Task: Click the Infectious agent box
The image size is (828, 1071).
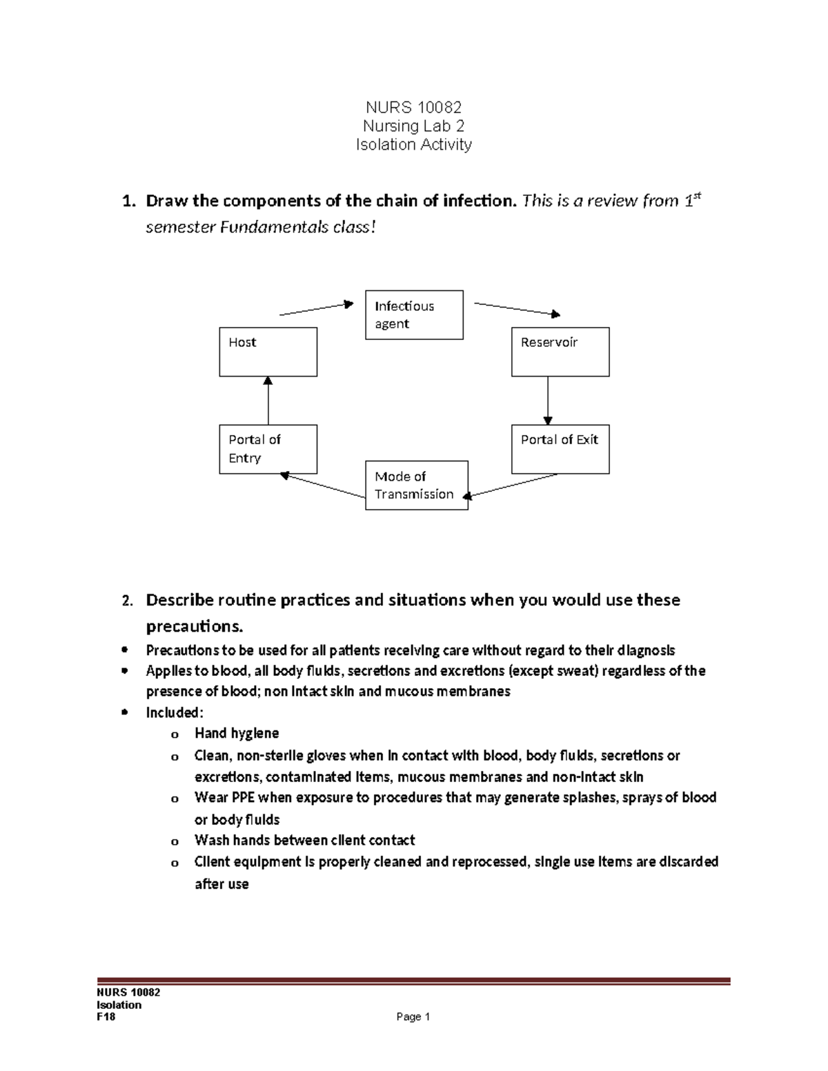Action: (x=414, y=315)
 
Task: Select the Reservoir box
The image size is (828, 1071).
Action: (x=560, y=352)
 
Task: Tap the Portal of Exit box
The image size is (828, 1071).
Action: (x=560, y=449)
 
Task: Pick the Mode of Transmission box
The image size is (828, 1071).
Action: (x=416, y=486)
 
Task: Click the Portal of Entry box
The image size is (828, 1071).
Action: (x=268, y=449)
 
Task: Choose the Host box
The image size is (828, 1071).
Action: (x=268, y=352)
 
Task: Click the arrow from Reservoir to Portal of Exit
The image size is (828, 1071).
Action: (x=548, y=400)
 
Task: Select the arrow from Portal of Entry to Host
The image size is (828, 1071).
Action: (x=268, y=400)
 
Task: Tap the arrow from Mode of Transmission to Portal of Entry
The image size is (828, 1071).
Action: (x=322, y=486)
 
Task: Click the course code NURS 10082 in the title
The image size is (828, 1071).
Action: (x=413, y=108)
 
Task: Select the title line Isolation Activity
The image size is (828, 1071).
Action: (x=413, y=145)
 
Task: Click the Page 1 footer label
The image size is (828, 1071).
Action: (x=413, y=1017)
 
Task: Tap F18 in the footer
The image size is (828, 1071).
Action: (x=106, y=1017)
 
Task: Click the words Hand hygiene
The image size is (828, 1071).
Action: (x=237, y=733)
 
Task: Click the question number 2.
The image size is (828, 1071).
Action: (x=127, y=601)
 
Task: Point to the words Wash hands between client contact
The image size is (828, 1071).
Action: (x=304, y=840)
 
